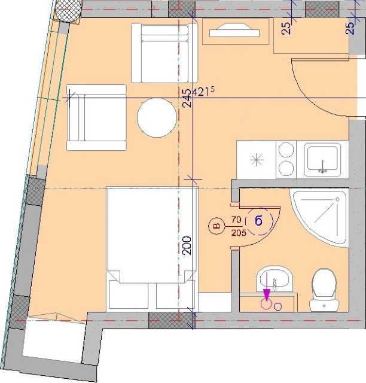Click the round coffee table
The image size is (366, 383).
pos(157,118)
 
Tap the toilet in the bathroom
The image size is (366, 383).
pos(324,290)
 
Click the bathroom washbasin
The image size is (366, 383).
pos(274,279)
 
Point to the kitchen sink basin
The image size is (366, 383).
pos(322,159)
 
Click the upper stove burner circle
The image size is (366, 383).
pos(286,150)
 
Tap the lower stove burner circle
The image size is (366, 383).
pos(286,169)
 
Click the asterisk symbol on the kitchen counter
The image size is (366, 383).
pos(257,160)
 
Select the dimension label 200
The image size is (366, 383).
pos(188,245)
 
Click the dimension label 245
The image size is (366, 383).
pos(188,98)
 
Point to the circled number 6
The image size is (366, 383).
pos(258,221)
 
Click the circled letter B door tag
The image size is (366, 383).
pos(216,226)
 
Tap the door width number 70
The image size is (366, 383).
pos(236,220)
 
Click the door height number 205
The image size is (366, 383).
pos(239,233)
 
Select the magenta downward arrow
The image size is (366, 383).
pos(267,287)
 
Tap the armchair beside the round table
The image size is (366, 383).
pos(96,117)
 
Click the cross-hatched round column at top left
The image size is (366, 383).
pos(68,11)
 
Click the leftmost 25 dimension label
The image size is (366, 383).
pos(286,28)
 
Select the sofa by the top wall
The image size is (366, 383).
pos(164,53)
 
